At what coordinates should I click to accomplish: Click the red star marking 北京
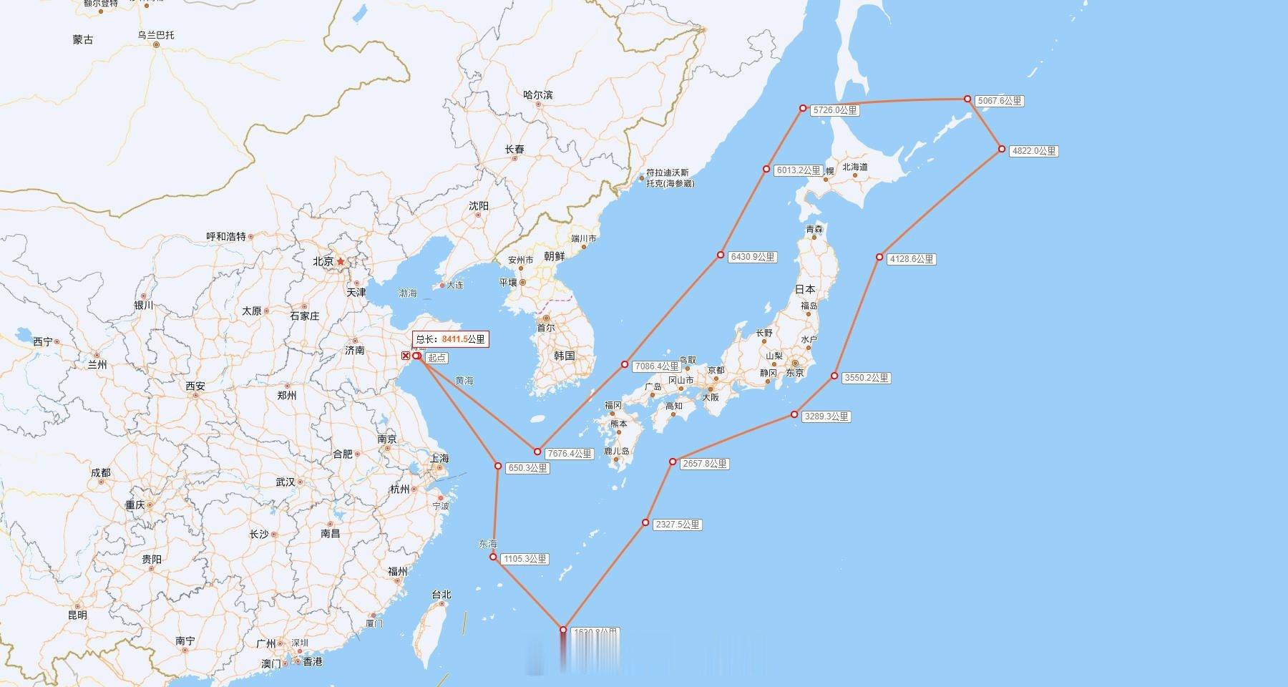341,262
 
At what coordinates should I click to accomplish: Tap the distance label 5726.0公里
834,111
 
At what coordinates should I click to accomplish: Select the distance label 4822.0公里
1033,151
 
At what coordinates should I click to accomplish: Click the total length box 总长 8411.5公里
451,339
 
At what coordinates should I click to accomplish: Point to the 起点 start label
436,358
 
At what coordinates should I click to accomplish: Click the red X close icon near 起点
406,356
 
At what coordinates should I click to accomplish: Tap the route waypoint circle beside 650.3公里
498,466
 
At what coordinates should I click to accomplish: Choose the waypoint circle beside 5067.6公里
967,99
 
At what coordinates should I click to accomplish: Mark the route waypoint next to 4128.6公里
879,257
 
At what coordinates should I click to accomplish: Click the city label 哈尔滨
538,95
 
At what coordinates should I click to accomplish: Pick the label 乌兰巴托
156,35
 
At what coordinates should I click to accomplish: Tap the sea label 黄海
464,381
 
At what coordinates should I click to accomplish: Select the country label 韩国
565,356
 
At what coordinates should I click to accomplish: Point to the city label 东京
794,373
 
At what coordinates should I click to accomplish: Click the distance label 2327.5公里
678,525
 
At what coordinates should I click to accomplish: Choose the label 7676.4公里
570,454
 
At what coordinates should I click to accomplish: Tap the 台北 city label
441,595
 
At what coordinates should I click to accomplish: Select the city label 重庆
135,505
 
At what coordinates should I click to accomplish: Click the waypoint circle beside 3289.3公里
794,414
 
